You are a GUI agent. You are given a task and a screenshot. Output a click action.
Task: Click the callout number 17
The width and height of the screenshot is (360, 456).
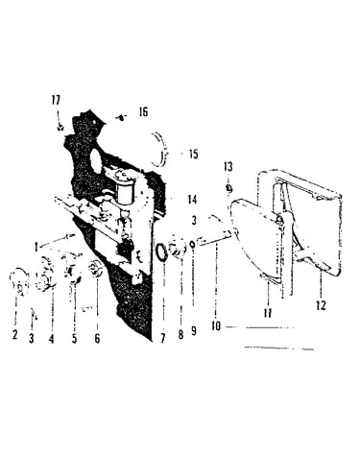click(x=56, y=100)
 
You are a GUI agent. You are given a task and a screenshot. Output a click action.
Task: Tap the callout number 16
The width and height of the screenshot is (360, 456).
click(x=143, y=111)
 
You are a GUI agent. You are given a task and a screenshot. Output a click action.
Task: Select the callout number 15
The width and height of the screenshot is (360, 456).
click(x=193, y=154)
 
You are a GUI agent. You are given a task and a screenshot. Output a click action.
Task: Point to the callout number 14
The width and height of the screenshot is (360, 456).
click(x=192, y=200)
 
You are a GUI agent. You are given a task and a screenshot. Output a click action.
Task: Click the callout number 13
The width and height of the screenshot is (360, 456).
click(x=228, y=167)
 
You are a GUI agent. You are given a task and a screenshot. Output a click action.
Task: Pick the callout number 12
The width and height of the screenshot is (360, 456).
click(x=321, y=305)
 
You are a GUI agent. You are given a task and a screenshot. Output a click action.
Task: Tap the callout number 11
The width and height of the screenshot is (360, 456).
click(x=268, y=313)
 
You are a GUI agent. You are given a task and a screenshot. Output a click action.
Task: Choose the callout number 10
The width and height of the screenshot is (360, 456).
click(x=216, y=326)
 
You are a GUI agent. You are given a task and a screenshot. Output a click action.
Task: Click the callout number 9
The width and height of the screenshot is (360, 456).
click(x=193, y=331)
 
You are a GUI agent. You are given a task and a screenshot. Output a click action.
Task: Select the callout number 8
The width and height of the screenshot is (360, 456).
click(x=180, y=334)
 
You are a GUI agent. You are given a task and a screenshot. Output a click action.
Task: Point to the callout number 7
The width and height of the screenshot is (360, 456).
click(x=162, y=338)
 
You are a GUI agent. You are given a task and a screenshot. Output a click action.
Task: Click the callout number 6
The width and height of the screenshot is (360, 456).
click(x=97, y=338)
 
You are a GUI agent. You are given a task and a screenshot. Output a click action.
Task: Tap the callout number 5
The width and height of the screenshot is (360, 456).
click(x=74, y=338)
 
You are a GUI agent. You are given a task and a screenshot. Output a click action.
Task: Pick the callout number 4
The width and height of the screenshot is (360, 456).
click(x=52, y=338)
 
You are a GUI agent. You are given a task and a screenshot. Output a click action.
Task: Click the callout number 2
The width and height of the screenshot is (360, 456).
click(x=14, y=335)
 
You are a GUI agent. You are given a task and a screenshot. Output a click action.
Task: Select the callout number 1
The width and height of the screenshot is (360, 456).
click(x=36, y=247)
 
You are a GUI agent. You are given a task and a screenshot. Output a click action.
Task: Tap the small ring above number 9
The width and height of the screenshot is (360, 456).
click(x=192, y=244)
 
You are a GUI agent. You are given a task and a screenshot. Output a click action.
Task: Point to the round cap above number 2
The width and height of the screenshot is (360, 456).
click(x=19, y=281)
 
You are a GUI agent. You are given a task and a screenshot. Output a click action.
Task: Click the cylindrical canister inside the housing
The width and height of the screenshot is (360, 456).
click(x=125, y=191)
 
